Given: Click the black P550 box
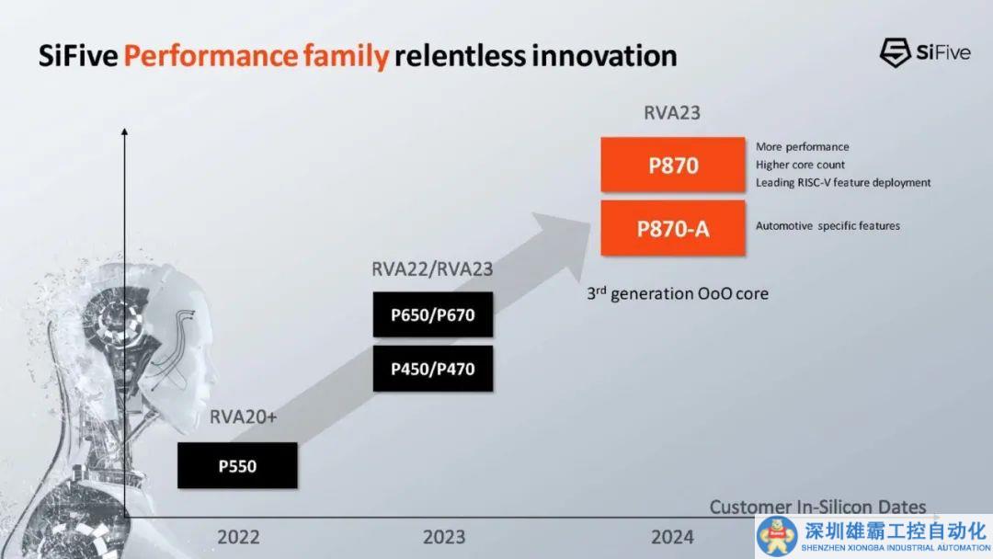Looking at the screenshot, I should (237, 465).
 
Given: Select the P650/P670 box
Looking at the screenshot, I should (432, 315).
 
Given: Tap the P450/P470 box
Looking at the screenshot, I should (432, 369).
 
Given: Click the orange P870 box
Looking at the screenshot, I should (673, 165).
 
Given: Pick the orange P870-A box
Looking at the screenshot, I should (673, 228).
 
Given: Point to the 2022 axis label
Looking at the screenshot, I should (238, 537).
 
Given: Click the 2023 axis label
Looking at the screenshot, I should (444, 537).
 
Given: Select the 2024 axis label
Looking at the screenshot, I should (672, 537).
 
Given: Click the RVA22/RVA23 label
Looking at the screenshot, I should (432, 269).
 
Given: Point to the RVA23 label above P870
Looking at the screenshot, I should (672, 113).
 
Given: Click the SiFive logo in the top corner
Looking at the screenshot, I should (924, 52).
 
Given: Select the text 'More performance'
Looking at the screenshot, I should (802, 147).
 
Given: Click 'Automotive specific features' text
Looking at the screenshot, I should (827, 225).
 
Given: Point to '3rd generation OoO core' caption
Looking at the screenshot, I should (678, 294).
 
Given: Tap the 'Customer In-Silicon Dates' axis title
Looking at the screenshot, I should (817, 507).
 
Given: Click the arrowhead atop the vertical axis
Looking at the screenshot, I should (124, 134).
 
